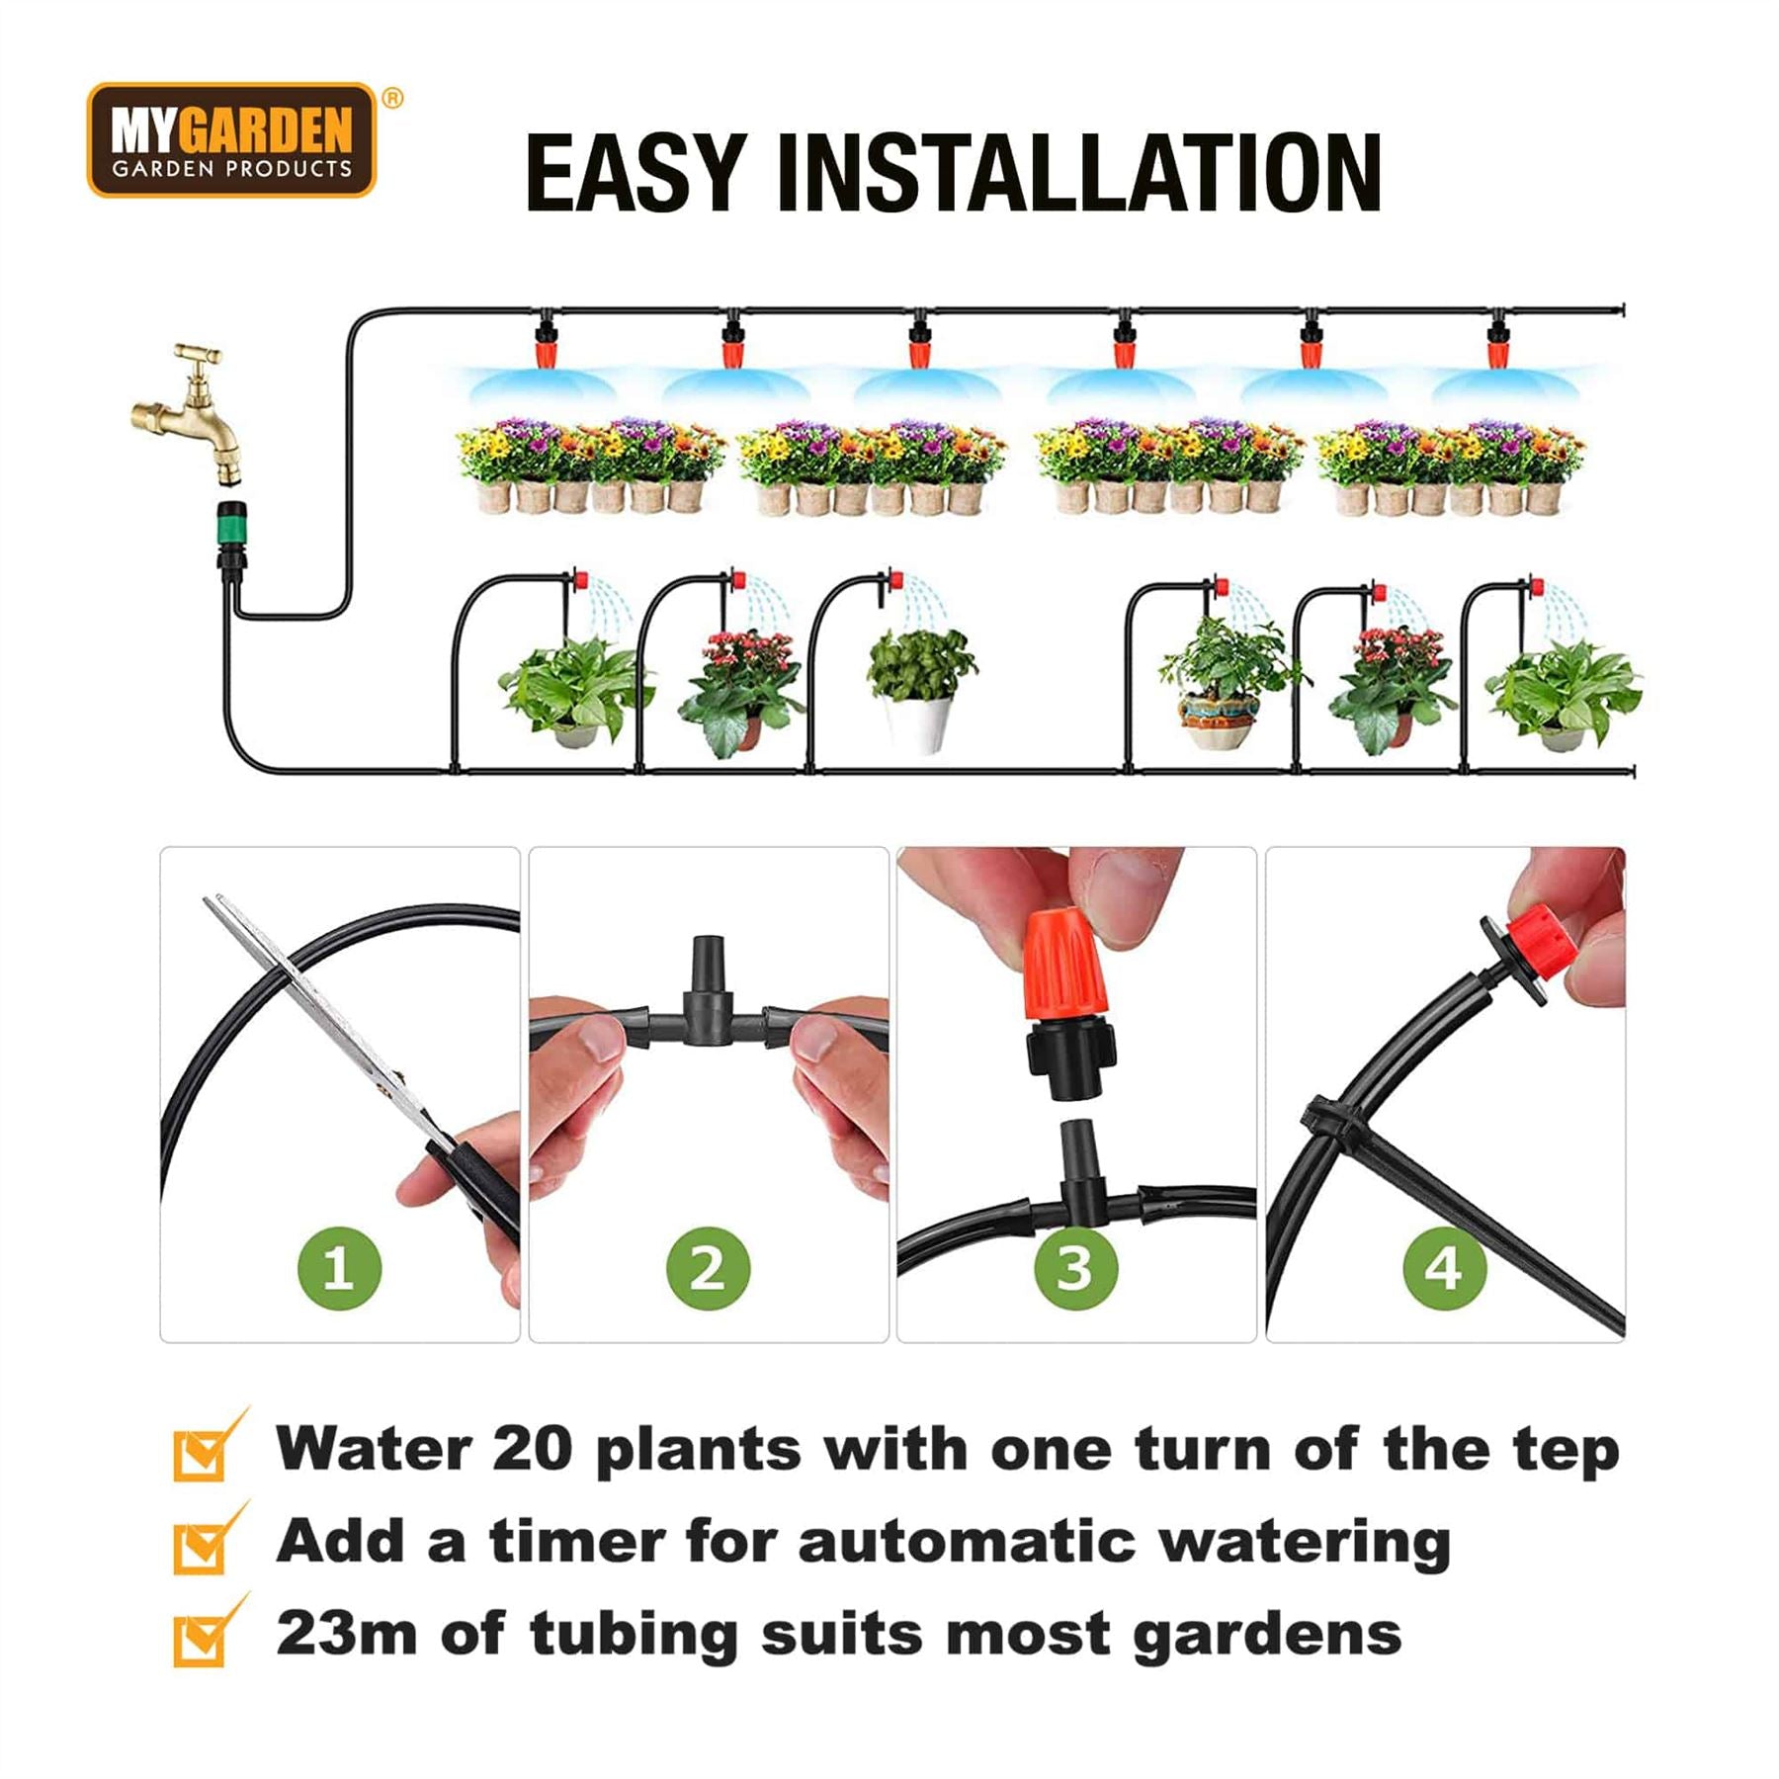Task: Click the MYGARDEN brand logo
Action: coord(232,140)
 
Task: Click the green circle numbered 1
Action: coord(339,1268)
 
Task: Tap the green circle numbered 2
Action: coord(708,1268)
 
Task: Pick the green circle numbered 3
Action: coord(1076,1268)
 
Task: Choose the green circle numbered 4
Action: coord(1445,1268)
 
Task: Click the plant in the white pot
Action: coord(919,687)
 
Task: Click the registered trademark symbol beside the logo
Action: coord(392,98)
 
